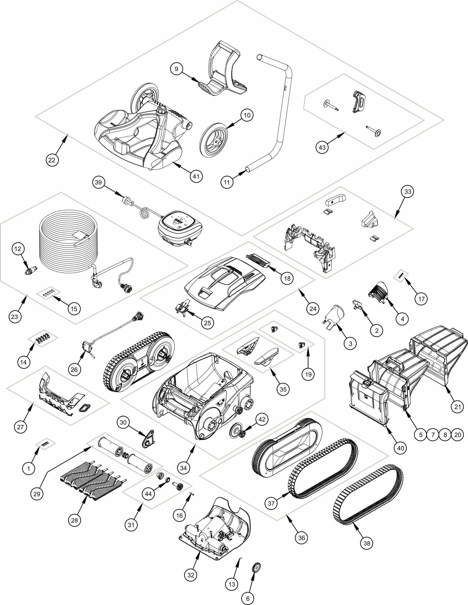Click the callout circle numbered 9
(x=176, y=69)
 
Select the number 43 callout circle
(x=322, y=147)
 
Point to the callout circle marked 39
(x=99, y=182)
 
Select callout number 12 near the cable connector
(x=18, y=249)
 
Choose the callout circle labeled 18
(x=287, y=278)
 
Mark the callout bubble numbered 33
(x=408, y=191)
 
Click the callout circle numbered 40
(x=400, y=448)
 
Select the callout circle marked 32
(x=191, y=575)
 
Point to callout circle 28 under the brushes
(x=74, y=520)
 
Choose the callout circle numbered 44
(x=149, y=494)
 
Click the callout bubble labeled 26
(x=74, y=370)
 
